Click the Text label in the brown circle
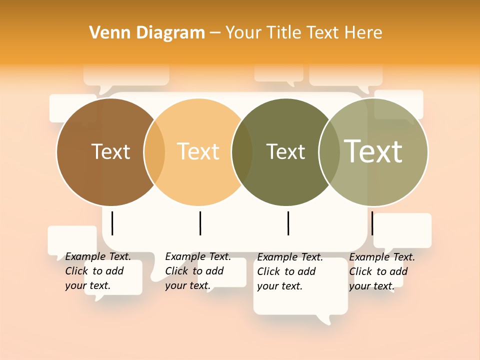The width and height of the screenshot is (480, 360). point(110,151)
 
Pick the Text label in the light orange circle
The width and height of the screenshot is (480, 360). point(198,151)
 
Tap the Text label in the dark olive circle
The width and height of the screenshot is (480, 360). point(285,151)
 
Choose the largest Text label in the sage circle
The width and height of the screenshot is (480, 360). point(373,151)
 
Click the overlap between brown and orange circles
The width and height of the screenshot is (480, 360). point(154,152)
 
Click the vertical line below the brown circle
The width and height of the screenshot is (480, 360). point(112,223)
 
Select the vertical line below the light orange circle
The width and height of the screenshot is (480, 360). point(200,223)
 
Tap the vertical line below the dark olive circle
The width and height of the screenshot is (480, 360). point(288,223)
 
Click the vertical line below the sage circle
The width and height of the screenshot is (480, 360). point(372,223)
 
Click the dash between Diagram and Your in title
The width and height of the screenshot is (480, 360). point(215,33)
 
